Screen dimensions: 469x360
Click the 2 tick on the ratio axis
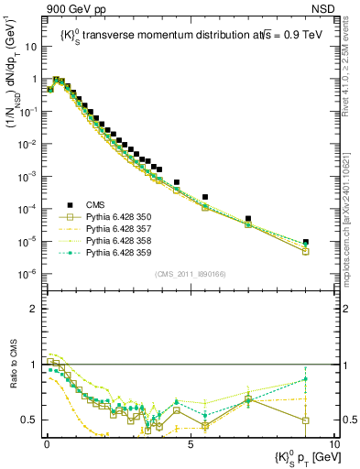32,309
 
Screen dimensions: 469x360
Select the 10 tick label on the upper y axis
30,46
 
